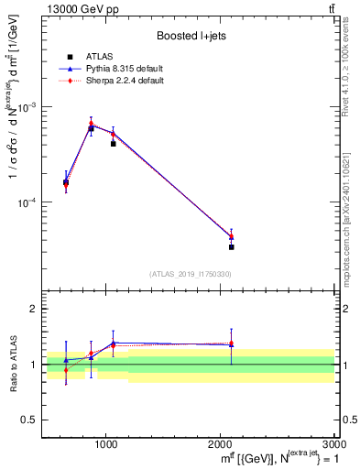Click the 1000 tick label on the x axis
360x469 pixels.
(106, 444)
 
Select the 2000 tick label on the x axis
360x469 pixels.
(221, 444)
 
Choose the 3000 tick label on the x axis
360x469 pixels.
(333, 444)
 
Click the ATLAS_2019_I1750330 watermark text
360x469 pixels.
(191, 274)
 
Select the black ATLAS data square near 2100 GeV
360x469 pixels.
(231, 246)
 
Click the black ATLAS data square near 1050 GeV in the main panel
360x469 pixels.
(113, 144)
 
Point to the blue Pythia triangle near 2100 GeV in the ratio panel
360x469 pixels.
(231, 344)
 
